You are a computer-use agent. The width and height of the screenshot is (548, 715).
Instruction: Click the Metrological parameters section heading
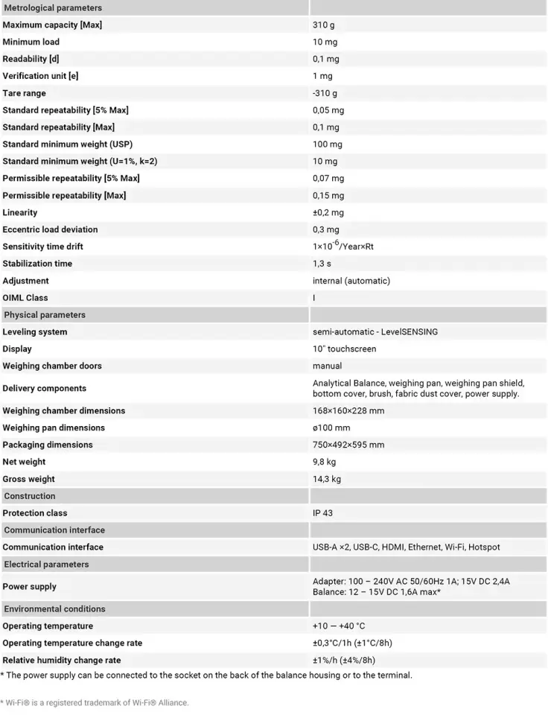coord(53,7)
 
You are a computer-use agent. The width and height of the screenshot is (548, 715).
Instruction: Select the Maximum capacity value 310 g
coord(323,25)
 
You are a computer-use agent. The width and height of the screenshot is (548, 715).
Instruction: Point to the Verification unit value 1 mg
coord(322,76)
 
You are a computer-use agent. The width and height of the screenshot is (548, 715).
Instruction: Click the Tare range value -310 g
coord(325,93)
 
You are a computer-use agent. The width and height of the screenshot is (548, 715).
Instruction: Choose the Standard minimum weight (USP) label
coord(68,144)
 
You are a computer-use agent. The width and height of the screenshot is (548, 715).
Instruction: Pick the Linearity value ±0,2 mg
coord(328,213)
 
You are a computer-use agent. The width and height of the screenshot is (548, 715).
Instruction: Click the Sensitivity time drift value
coord(342,246)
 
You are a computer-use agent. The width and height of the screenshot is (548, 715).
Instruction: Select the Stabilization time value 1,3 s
coord(322,264)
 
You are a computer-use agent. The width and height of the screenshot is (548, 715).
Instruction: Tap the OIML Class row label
coord(25,298)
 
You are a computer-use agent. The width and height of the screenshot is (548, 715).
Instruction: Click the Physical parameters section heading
coord(45,315)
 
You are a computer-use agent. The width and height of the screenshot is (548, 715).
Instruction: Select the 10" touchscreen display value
coord(344,349)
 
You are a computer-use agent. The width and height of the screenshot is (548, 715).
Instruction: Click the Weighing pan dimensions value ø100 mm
coord(331,428)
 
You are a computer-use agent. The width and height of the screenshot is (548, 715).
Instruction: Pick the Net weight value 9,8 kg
coord(324,463)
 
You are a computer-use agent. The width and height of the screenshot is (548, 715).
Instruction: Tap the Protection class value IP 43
coord(322,513)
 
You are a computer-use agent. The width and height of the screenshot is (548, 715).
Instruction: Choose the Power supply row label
coord(30,587)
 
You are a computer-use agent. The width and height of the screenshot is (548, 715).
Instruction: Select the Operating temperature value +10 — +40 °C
coord(339,626)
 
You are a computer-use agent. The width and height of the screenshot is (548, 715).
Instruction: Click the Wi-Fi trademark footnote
coord(95,702)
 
